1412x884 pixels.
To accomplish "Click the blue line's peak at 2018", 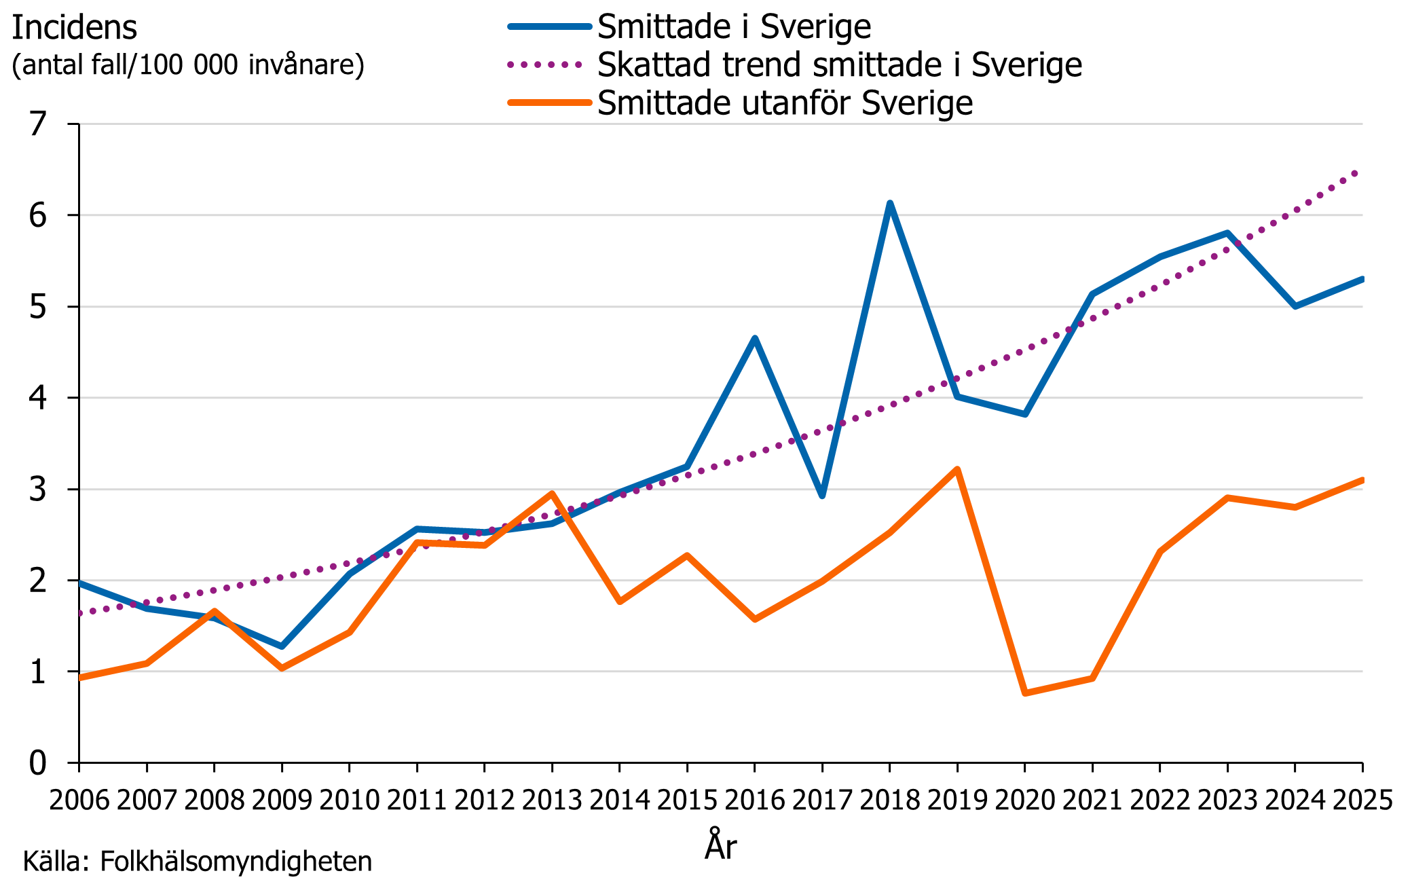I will coord(889,204).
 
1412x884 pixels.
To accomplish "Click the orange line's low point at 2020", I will coord(1024,693).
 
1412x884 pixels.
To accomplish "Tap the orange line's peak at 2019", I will coord(956,469).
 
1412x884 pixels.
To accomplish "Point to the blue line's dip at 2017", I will coord(822,495).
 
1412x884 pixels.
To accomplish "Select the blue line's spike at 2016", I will coord(754,338).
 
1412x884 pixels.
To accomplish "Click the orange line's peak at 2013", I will coord(552,494).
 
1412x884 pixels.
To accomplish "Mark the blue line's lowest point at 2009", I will coord(282,646).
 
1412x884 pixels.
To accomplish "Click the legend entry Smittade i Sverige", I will coord(733,27).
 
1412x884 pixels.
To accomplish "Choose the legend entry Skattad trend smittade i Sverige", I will coord(839,65).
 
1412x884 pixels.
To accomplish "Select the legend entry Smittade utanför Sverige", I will coord(785,103).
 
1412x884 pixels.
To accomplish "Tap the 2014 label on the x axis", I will coord(619,800).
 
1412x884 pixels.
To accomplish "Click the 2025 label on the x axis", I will coord(1362,800).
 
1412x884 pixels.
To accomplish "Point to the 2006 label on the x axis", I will coord(79,800).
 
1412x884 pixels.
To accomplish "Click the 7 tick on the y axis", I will coord(38,124).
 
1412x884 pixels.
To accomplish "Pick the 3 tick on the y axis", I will coord(38,489).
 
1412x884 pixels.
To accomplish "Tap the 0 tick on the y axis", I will coord(38,763).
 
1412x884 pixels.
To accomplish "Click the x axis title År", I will coord(720,845).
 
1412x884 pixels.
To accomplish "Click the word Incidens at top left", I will coord(75,29).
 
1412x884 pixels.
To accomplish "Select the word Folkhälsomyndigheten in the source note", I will coord(236,862).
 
